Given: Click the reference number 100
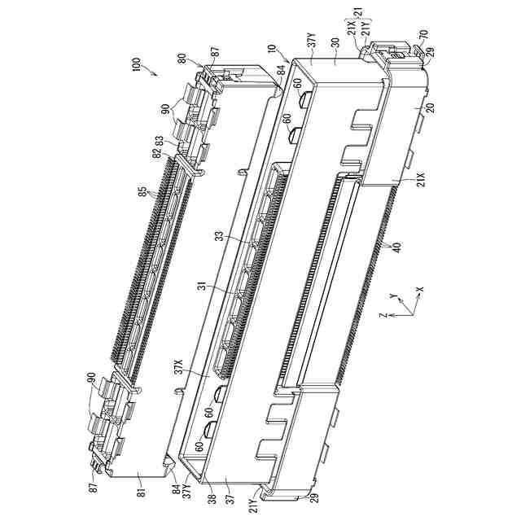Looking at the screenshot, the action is [137, 65].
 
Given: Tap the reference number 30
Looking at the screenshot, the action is [335, 43].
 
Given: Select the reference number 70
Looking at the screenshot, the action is [424, 34].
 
